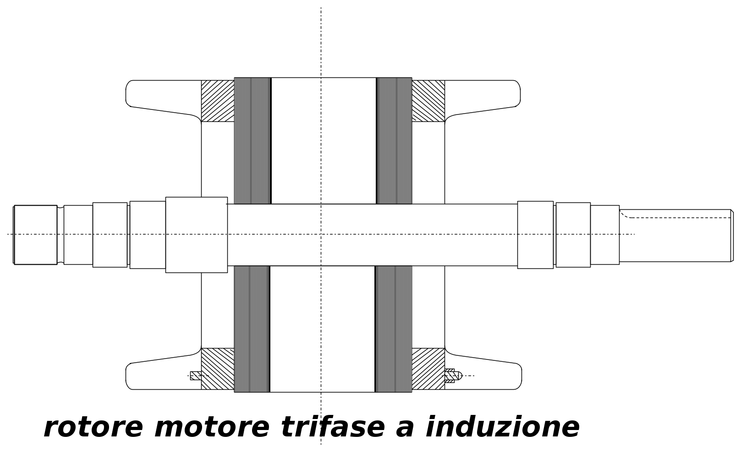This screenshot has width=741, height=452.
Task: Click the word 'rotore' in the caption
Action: pyautogui.click(x=93, y=428)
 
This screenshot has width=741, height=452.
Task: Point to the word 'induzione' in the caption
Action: pyautogui.click(x=503, y=426)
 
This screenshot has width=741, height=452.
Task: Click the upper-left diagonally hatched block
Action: pyautogui.click(x=218, y=101)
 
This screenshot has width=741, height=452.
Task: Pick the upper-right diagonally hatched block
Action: pyautogui.click(x=428, y=101)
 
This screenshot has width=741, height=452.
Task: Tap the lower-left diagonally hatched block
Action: pyautogui.click(x=218, y=369)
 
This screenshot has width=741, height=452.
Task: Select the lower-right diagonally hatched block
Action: pyautogui.click(x=428, y=369)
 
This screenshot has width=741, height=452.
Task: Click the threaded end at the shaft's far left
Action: pyautogui.click(x=35, y=235)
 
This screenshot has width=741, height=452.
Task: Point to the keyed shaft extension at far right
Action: pyautogui.click(x=676, y=235)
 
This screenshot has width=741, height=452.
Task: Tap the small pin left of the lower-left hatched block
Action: pyautogui.click(x=196, y=376)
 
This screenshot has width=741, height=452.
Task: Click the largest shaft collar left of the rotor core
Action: pyautogui.click(x=197, y=235)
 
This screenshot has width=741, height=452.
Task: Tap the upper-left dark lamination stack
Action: pyautogui.click(x=253, y=141)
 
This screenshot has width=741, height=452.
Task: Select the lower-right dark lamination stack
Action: pyautogui.click(x=393, y=329)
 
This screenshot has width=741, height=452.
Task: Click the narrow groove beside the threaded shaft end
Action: pyautogui.click(x=60, y=235)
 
